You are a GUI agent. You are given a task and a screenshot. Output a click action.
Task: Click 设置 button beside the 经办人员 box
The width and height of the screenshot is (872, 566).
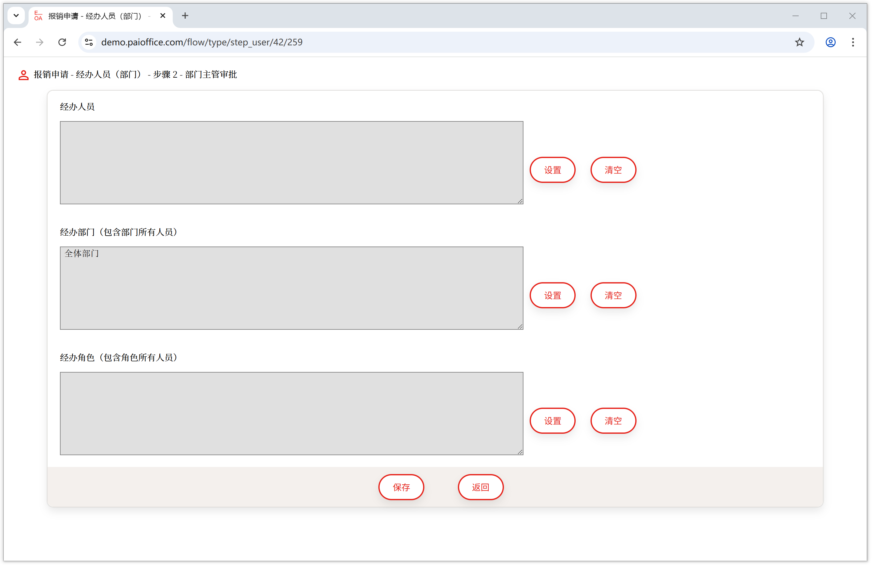(x=553, y=170)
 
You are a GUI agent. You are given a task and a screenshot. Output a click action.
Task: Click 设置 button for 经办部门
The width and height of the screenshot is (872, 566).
(x=553, y=296)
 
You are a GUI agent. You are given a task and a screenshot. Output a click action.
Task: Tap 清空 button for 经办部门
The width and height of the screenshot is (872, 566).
(x=613, y=296)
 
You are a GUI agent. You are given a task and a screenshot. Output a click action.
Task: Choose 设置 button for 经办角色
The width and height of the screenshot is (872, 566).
(x=553, y=421)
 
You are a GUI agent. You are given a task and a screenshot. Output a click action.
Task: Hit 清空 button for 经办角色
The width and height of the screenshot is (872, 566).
(x=613, y=421)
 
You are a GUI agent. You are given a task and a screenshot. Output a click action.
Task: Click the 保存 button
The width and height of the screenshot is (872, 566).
(x=401, y=487)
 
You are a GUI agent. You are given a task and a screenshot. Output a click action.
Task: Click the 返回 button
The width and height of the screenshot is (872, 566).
(x=480, y=487)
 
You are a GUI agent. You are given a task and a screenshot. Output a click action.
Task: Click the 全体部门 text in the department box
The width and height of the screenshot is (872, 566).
(x=82, y=253)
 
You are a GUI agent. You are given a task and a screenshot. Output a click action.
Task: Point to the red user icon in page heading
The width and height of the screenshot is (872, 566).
(x=23, y=75)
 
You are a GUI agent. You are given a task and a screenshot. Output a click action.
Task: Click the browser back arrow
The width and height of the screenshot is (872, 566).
(x=17, y=42)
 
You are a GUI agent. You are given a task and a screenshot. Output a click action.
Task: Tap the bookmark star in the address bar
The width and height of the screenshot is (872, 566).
(x=799, y=42)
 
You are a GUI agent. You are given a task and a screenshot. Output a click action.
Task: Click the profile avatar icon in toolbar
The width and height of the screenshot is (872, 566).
(x=830, y=42)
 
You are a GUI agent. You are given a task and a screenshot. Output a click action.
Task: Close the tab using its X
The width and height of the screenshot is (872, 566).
(x=163, y=16)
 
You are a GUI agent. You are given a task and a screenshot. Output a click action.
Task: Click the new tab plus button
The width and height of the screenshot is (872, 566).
(x=185, y=16)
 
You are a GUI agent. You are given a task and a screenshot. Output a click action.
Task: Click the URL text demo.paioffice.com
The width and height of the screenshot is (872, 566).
(x=202, y=42)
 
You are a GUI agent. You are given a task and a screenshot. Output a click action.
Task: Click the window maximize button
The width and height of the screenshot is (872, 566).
(x=824, y=16)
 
